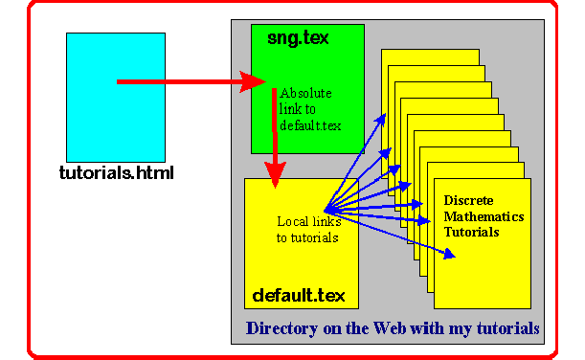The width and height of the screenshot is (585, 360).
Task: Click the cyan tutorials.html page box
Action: (116, 98)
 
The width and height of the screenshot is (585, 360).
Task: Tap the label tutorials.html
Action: (117, 173)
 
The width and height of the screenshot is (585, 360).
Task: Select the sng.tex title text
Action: (298, 38)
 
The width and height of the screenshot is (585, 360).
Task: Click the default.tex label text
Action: (299, 296)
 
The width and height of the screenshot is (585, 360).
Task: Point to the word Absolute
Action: (305, 93)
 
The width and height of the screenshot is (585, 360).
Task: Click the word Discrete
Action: (468, 200)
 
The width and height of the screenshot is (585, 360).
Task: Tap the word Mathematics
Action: (484, 216)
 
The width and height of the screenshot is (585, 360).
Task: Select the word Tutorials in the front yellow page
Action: (471, 232)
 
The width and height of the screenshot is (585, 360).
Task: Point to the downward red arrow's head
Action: (275, 174)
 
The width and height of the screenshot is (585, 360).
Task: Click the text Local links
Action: (309, 221)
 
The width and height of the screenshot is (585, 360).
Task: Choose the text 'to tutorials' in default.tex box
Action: (307, 237)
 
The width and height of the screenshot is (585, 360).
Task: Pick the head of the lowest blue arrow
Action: (449, 254)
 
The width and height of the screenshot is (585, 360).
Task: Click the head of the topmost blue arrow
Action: (380, 120)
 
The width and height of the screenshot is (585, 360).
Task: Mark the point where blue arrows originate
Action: (325, 211)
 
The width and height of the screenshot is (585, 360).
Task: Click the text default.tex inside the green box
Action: (310, 125)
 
